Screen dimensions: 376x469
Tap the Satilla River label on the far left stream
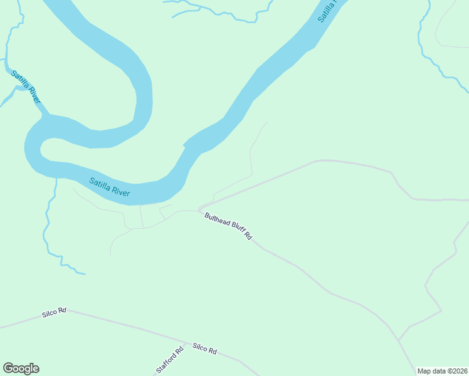26,87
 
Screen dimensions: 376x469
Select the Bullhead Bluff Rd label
228,226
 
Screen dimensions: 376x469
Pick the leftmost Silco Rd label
54,312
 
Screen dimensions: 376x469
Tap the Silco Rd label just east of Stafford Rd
204,349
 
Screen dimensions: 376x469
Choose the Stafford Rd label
169,360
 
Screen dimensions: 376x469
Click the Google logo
21,368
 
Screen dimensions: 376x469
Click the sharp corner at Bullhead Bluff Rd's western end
199,210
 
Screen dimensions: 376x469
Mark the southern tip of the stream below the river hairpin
85,274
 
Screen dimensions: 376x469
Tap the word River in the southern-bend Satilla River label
119,191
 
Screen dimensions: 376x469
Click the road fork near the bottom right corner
398,340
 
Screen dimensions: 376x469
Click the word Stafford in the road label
167,363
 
